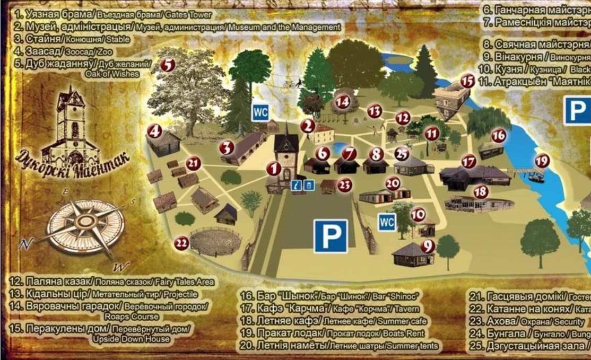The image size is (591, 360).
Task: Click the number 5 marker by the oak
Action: pyautogui.click(x=167, y=65)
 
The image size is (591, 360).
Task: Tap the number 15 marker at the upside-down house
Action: pyautogui.click(x=467, y=81)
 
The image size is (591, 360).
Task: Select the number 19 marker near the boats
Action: pyautogui.click(x=542, y=160)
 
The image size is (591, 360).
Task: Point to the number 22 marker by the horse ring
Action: pyautogui.click(x=181, y=243)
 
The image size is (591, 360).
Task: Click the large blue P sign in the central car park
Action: pyautogui.click(x=331, y=236)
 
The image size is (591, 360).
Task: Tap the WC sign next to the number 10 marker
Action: pyautogui.click(x=387, y=222)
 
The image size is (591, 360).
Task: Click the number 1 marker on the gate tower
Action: pyautogui.click(x=274, y=169)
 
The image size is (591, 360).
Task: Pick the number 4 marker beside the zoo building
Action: pyautogui.click(x=154, y=131)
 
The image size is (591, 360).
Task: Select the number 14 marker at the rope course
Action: pyautogui.click(x=343, y=101)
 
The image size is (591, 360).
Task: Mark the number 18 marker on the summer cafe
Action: pyautogui.click(x=481, y=191)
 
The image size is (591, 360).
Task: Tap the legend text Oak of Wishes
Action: pyautogui.click(x=112, y=74)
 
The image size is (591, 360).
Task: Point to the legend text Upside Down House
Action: pyautogui.click(x=131, y=339)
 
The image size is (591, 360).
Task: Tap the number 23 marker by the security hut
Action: pyautogui.click(x=345, y=185)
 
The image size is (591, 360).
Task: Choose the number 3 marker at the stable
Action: pyautogui.click(x=227, y=147)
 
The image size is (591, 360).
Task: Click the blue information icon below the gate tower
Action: pyautogui.click(x=295, y=185)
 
